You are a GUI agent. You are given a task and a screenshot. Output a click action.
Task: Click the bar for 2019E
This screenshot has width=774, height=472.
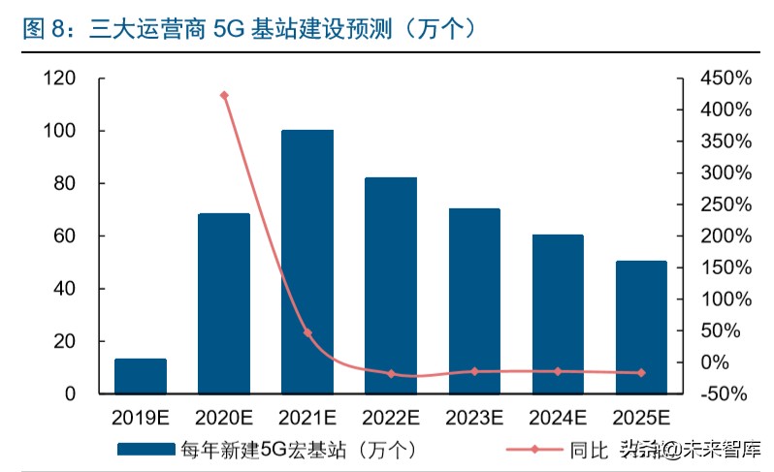tap(141, 376)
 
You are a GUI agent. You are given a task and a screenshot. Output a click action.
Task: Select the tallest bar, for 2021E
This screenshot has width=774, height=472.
tap(307, 262)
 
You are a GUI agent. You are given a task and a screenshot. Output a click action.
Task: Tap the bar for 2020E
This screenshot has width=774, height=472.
tap(224, 303)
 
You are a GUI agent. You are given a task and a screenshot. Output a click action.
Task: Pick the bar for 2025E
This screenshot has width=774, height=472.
tap(641, 328)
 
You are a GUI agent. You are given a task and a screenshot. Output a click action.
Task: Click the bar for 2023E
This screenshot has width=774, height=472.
tap(474, 301)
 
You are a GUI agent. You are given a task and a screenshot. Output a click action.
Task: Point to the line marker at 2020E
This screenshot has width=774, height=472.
tap(224, 95)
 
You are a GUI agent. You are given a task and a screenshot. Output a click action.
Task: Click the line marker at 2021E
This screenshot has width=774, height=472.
tap(307, 332)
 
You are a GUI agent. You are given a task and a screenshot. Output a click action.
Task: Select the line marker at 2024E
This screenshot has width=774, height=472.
tap(558, 371)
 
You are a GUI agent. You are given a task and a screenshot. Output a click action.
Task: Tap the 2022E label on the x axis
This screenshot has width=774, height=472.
tap(391, 419)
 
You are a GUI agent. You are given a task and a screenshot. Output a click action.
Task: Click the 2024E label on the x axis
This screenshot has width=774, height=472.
tap(558, 419)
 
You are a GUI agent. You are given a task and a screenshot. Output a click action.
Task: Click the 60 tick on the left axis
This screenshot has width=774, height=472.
tap(64, 236)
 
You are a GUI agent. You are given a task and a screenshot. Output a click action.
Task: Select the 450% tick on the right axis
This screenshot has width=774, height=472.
tap(726, 78)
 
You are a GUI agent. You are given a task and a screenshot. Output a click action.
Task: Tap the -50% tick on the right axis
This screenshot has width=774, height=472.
tap(726, 393)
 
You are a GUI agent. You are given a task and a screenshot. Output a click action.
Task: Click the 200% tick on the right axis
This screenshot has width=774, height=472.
tap(726, 236)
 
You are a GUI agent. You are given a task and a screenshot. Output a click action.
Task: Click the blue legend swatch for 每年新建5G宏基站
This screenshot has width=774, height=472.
tap(146, 449)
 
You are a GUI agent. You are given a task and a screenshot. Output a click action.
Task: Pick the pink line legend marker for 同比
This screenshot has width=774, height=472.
tap(539, 449)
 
